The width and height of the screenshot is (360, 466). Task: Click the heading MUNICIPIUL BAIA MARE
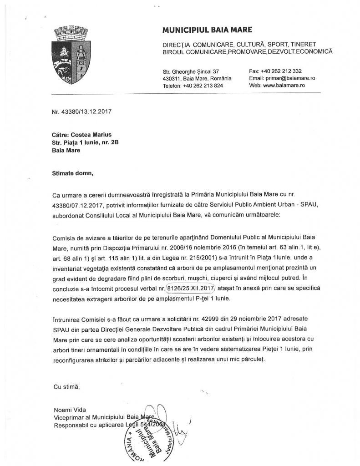207,30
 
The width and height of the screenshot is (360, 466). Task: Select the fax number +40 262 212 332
282,71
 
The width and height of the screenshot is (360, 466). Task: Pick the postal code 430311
172,78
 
